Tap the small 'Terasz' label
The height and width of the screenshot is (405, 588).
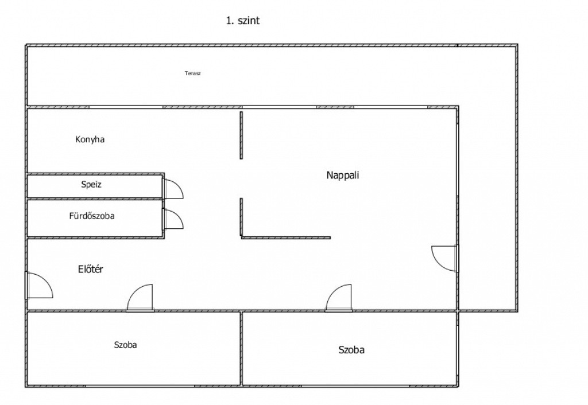[193, 73]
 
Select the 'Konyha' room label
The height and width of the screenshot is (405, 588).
[90, 139]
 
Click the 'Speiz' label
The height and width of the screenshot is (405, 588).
[91, 185]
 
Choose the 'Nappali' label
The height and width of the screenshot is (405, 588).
[343, 176]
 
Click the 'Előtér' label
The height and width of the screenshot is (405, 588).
[90, 269]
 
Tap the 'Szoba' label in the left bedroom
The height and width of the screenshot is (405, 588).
[125, 345]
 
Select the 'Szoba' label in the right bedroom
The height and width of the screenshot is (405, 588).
[351, 349]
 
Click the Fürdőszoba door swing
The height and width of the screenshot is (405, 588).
[173, 219]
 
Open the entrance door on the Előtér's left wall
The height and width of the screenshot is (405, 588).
[38, 286]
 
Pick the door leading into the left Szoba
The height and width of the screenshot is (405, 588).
[141, 298]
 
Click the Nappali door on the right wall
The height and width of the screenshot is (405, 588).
[445, 258]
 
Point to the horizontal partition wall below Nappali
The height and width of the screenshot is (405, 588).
[286, 237]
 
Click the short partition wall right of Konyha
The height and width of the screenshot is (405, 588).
[241, 135]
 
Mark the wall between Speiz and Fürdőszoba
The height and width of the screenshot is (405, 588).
[95, 198]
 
